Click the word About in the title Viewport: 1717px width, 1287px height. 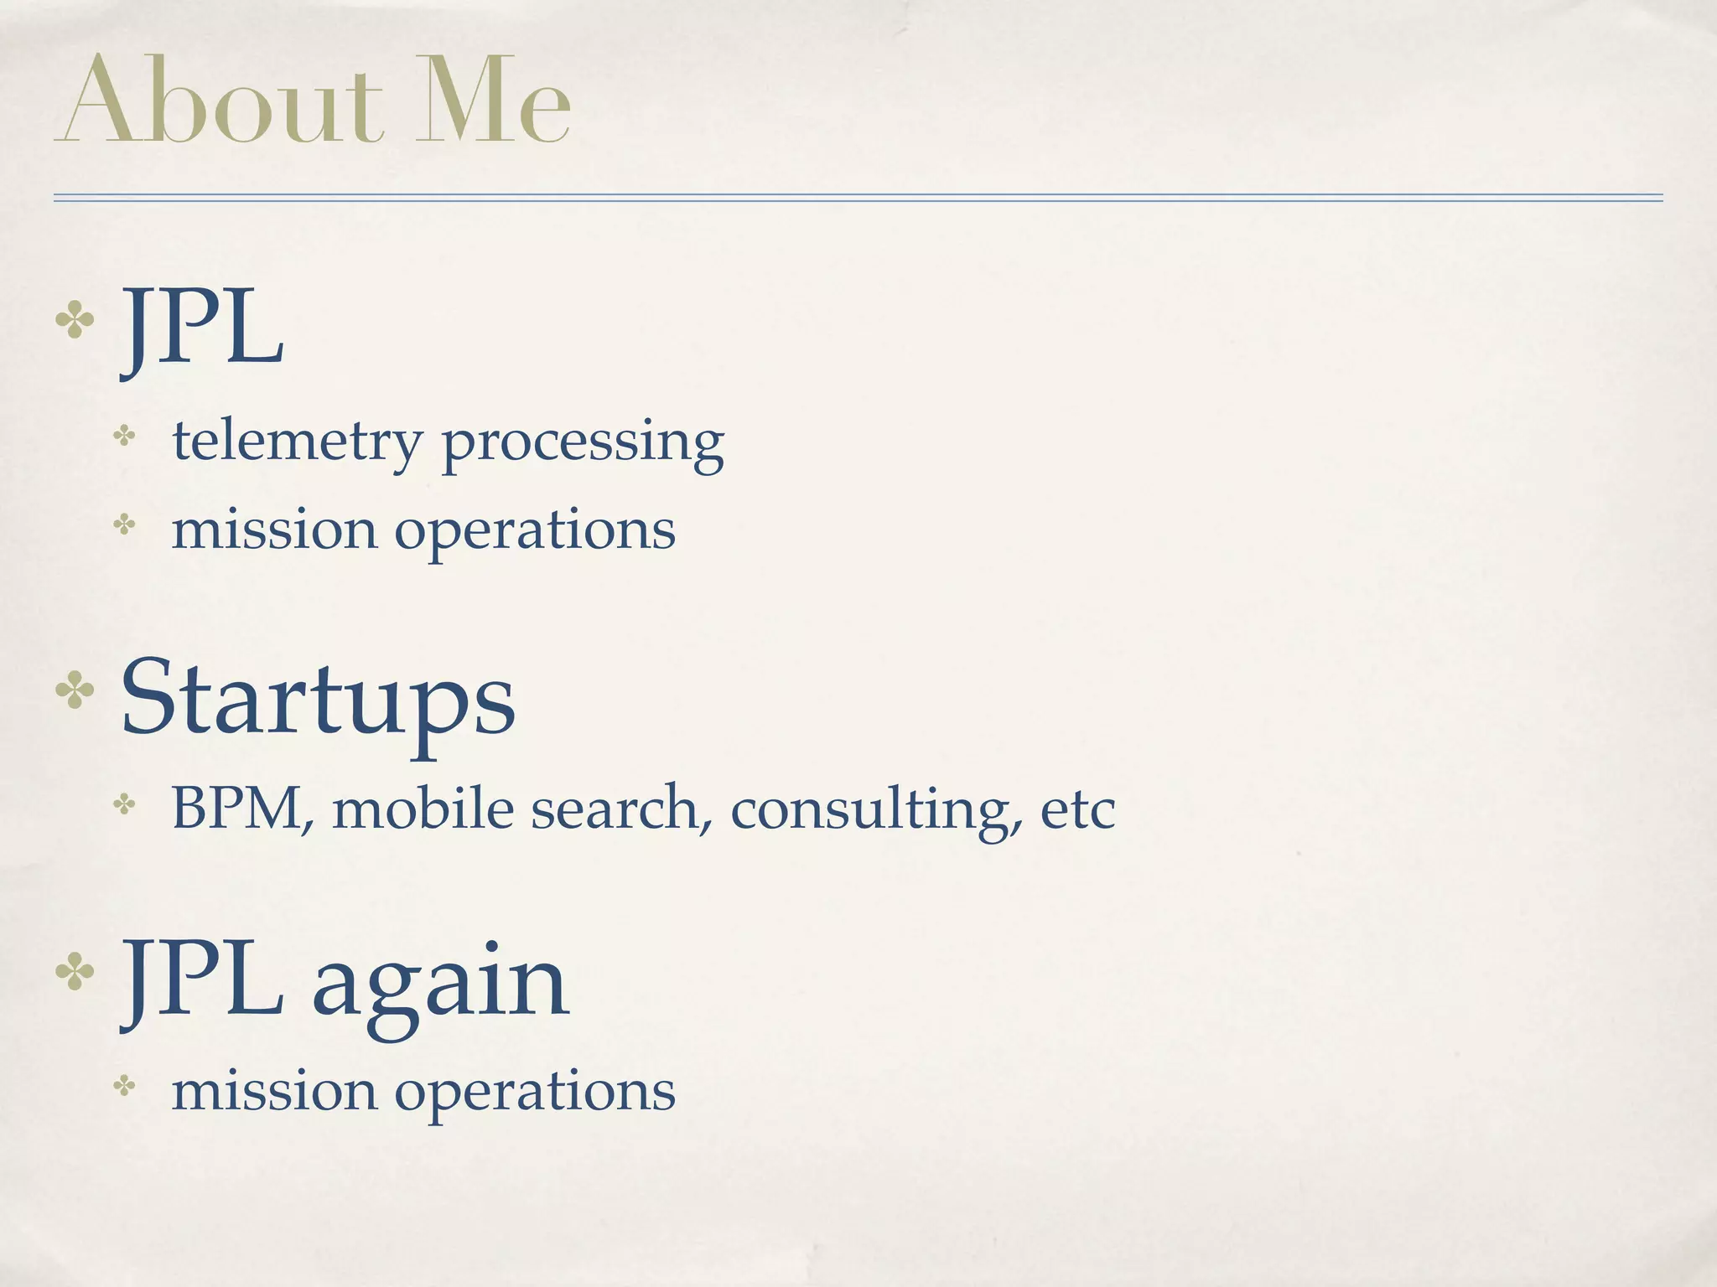tap(220, 102)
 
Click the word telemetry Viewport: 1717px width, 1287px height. tap(298, 442)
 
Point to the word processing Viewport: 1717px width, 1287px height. tap(583, 444)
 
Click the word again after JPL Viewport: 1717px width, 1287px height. tap(441, 982)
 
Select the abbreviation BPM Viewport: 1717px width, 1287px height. tap(238, 809)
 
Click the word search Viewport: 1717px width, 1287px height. tap(615, 809)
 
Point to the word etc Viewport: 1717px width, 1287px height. tap(1078, 810)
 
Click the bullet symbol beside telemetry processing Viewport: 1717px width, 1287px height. tap(125, 437)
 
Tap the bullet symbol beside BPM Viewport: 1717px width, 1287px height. tap(125, 805)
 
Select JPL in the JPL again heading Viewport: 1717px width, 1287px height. tap(201, 980)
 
